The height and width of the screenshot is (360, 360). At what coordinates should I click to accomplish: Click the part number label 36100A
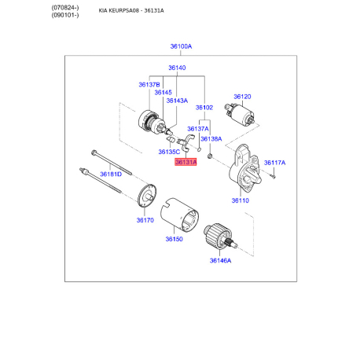tap(181, 46)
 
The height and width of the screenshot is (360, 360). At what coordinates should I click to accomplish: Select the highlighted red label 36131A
tap(186, 162)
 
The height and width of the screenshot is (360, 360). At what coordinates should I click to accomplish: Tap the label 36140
tap(177, 68)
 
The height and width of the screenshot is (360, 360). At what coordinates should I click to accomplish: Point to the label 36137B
tap(149, 85)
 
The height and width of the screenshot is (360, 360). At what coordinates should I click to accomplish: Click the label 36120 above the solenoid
tap(242, 97)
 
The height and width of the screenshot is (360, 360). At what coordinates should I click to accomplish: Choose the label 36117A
tap(274, 163)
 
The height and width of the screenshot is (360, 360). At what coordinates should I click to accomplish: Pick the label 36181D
tap(111, 174)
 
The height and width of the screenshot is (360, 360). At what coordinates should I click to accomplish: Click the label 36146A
tap(220, 261)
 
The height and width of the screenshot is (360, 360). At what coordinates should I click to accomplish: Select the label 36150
tap(174, 239)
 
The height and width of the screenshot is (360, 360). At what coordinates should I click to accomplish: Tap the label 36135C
tap(169, 152)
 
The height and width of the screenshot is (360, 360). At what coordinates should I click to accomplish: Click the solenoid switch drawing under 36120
tap(239, 116)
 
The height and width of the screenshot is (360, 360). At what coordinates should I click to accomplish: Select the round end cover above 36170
tap(147, 196)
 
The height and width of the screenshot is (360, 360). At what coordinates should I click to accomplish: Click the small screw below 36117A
tap(274, 177)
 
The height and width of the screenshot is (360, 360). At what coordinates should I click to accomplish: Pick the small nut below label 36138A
tap(210, 156)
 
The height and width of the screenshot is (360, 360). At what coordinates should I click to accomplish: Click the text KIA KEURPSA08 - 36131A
tap(131, 10)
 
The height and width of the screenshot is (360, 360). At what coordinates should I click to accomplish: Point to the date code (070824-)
tap(65, 8)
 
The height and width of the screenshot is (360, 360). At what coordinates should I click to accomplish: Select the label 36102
tap(204, 108)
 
